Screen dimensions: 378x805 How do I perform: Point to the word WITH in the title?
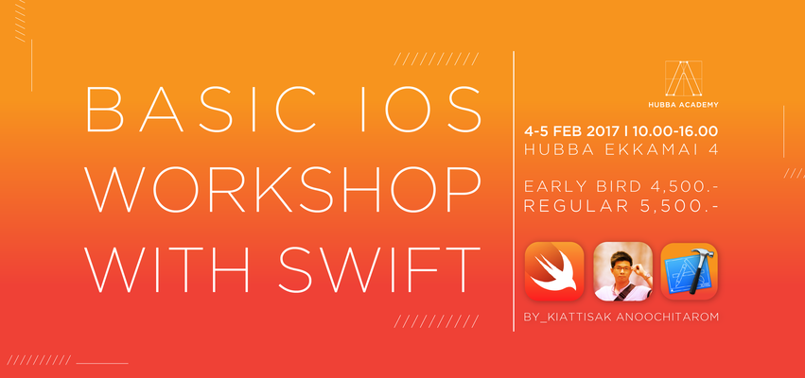166,266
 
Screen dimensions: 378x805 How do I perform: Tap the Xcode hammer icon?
689,270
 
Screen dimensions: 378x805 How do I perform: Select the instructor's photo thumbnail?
621,270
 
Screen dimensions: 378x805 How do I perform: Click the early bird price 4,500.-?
679,185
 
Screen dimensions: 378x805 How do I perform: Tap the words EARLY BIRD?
570,185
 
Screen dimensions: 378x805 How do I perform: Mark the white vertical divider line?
514,189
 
